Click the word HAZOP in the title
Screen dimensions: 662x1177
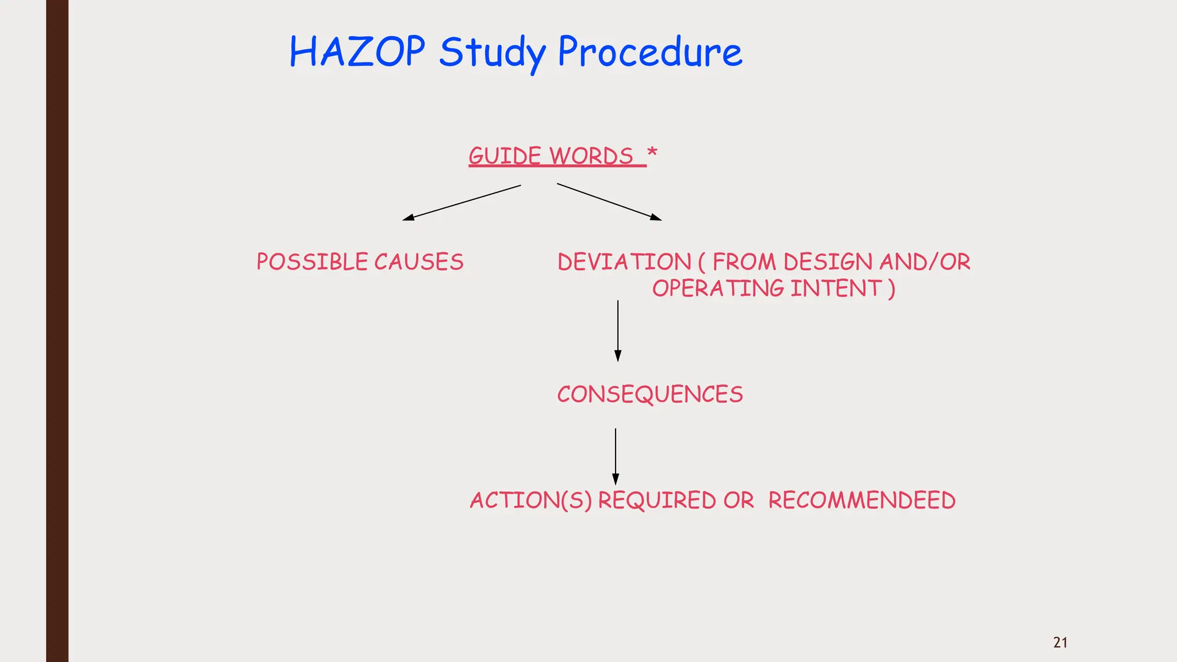tap(357, 52)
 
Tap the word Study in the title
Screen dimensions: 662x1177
tap(493, 53)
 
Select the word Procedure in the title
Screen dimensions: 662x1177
tap(650, 52)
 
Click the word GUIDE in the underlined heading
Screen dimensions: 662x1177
tap(505, 156)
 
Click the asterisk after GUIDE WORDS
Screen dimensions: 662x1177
tap(652, 153)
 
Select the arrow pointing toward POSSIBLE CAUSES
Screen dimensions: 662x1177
tap(461, 202)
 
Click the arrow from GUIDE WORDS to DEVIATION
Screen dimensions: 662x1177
tap(609, 202)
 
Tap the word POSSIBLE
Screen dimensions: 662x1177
tap(312, 262)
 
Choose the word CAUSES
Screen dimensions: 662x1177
tap(419, 262)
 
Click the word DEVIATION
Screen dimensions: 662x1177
tap(624, 262)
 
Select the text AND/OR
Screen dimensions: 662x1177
tap(925, 262)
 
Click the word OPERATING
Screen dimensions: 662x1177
tap(718, 288)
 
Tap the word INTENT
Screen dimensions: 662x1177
tap(836, 288)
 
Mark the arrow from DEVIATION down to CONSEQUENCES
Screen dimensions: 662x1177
tap(618, 330)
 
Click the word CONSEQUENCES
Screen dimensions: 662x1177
tap(650, 395)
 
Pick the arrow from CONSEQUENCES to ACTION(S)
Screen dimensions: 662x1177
tap(616, 456)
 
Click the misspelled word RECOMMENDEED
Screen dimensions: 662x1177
tap(861, 501)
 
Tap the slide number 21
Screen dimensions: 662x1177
tap(1060, 642)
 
